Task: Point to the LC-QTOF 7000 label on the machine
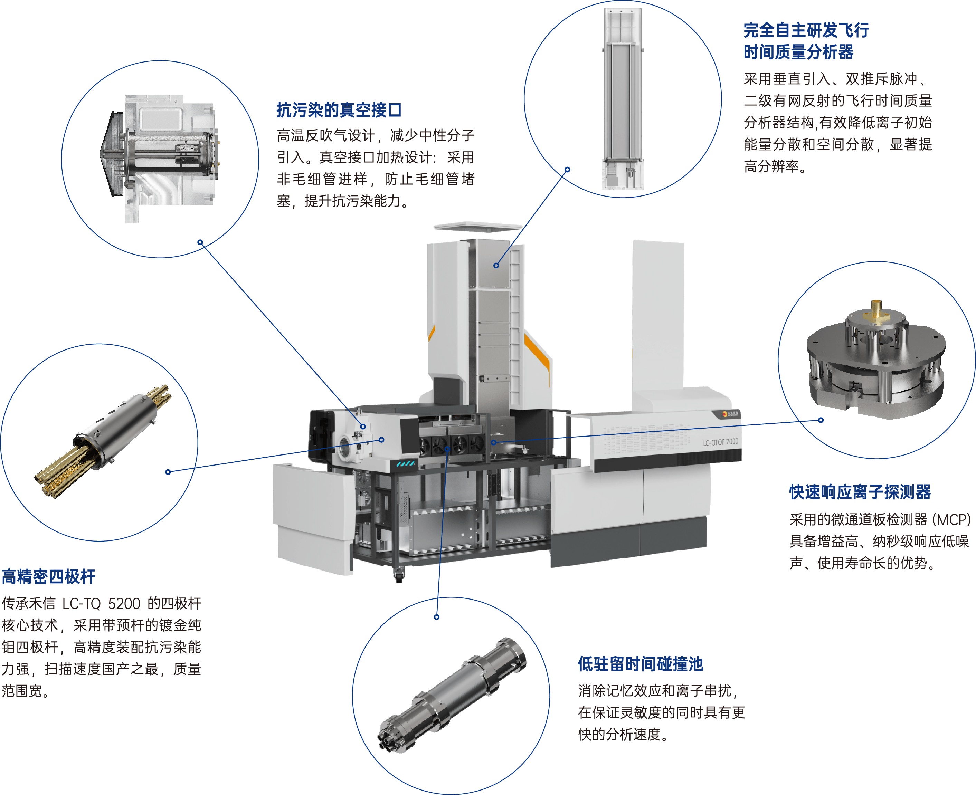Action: [720, 442]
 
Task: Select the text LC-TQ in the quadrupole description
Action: [81, 604]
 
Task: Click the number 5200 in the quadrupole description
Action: [124, 604]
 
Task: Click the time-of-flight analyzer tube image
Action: [623, 99]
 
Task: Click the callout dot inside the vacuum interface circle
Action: [200, 242]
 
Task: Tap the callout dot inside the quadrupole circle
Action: [168, 472]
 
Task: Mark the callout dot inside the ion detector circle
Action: [821, 420]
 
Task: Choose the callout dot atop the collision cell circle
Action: [436, 617]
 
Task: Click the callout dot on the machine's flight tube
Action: [496, 265]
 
